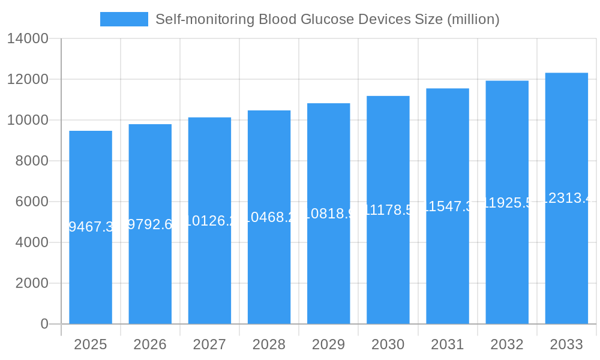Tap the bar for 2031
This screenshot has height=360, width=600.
pos(448,270)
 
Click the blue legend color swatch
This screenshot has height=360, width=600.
pos(124,19)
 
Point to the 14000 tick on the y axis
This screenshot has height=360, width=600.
pos(28,39)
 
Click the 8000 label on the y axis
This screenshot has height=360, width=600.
pos(32,161)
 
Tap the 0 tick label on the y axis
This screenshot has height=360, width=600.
pos(44,324)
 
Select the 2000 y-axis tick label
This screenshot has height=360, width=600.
pos(32,283)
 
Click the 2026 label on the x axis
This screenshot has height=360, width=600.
pos(150,344)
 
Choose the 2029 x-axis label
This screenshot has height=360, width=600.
pos(328,344)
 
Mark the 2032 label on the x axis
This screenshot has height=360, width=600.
pos(507,344)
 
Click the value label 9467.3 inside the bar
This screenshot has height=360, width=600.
pos(91,227)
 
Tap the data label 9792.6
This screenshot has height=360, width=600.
pos(150,224)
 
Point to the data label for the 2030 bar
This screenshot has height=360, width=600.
pos(388,209)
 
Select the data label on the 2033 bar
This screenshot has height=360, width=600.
pos(566,198)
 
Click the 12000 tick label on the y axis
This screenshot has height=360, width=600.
pos(28,79)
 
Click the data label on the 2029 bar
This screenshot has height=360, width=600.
pos(328,213)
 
